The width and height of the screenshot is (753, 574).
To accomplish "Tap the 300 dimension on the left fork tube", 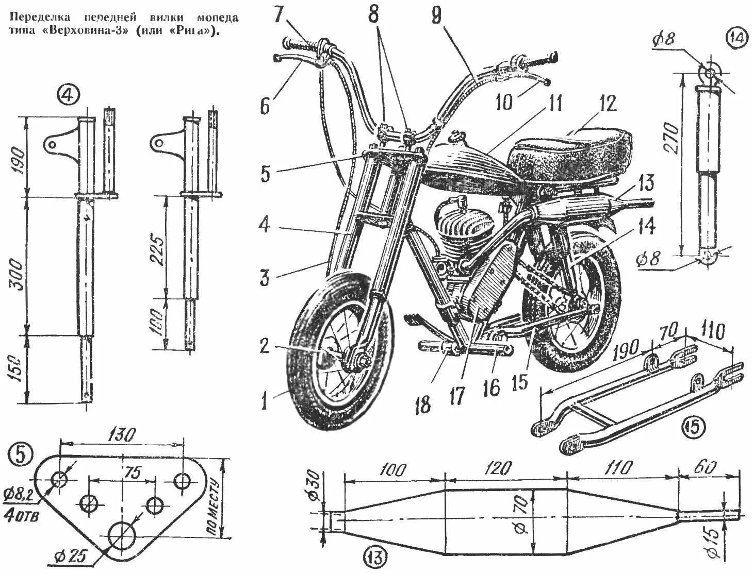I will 18,274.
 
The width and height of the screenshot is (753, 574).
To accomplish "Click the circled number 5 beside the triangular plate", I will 20,453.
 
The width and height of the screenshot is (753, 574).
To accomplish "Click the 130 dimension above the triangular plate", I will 123,435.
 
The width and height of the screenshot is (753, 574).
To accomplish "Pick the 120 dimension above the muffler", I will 498,469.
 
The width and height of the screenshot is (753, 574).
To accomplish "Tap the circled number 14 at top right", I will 735,37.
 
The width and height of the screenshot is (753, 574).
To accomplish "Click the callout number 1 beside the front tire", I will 265,400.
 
